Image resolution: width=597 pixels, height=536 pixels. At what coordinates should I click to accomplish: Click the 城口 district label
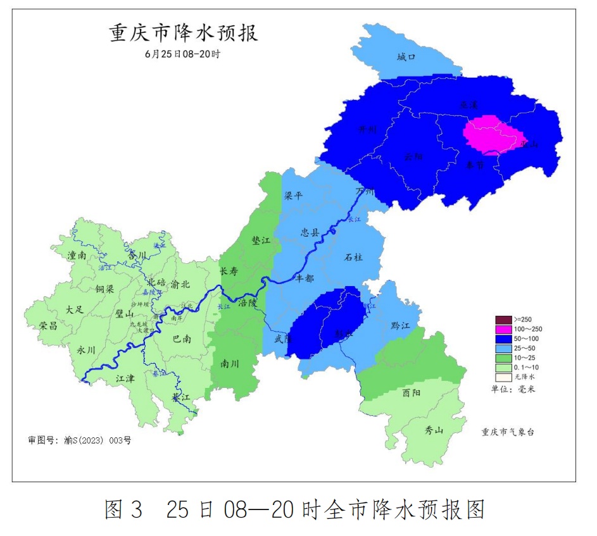pyautogui.click(x=406, y=57)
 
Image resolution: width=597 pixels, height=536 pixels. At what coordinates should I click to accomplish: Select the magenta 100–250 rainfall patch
pyautogui.click(x=494, y=135)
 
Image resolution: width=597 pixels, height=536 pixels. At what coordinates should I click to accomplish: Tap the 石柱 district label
pyautogui.click(x=353, y=257)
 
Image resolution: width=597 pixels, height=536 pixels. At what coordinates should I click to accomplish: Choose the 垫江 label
pyautogui.click(x=261, y=241)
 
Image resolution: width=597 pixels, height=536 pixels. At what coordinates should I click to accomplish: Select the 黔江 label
pyautogui.click(x=401, y=325)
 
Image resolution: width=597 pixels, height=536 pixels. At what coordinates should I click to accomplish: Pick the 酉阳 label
pyautogui.click(x=412, y=392)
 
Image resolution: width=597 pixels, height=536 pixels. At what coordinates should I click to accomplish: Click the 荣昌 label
pyautogui.click(x=48, y=325)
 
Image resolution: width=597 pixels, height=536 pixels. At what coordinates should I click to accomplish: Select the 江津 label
pyautogui.click(x=125, y=378)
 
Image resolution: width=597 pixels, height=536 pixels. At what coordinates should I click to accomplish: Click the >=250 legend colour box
pyautogui.click(x=503, y=319)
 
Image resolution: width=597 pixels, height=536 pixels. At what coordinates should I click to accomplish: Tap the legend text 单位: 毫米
pyautogui.click(x=513, y=389)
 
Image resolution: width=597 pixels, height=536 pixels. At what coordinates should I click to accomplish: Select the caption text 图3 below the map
pyautogui.click(x=124, y=509)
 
